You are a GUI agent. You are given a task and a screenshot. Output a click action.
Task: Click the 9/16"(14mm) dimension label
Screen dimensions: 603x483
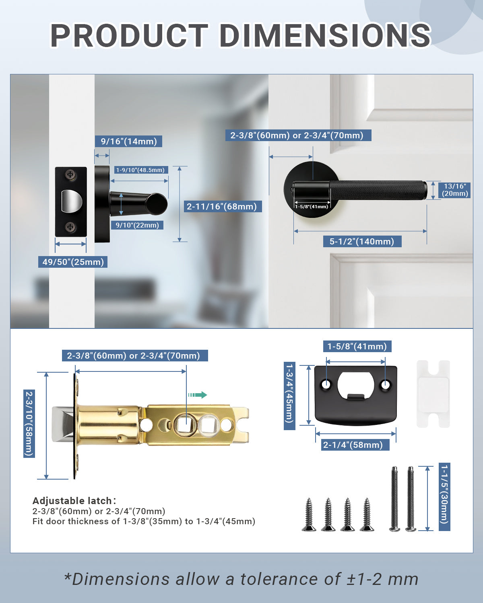point(129,142)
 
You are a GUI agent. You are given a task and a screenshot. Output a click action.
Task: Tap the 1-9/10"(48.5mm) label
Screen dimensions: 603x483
point(140,170)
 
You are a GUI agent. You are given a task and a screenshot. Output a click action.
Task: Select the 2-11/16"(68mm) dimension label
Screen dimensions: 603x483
point(222,207)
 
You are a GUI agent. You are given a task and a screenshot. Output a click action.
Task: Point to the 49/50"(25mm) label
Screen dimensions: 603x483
point(73,262)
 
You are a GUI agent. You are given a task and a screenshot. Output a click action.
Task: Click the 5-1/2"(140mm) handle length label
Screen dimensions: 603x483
point(362,242)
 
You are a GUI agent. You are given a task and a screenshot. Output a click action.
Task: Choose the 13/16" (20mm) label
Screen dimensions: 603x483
point(455,190)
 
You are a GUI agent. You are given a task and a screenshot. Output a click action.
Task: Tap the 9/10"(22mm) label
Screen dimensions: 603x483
point(137,225)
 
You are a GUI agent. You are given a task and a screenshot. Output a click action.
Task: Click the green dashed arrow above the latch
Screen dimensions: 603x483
point(197,395)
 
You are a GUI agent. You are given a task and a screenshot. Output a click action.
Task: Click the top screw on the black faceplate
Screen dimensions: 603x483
point(71,174)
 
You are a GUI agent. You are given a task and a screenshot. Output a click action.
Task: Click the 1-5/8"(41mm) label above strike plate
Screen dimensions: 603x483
point(357,347)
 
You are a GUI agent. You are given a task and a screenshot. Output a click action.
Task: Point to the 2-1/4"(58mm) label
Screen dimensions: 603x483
point(353,445)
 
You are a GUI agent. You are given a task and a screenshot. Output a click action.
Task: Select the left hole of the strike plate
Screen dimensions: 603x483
point(326,385)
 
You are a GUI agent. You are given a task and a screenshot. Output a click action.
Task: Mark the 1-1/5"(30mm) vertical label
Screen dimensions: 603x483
point(444,497)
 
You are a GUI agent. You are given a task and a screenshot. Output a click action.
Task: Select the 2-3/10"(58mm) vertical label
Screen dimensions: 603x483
point(29,423)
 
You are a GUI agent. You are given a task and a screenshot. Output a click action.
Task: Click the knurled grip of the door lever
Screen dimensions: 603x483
point(378,190)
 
